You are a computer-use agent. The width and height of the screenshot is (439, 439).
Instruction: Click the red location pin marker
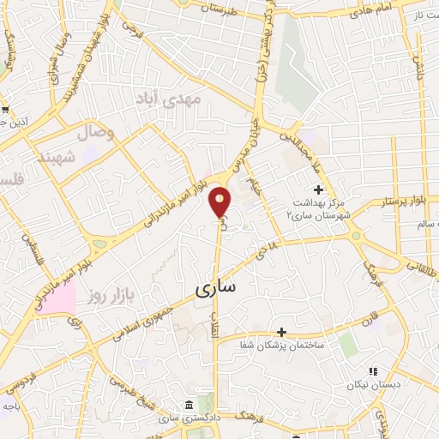[220, 202]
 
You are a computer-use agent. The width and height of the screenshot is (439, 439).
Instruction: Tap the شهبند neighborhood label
[51, 157]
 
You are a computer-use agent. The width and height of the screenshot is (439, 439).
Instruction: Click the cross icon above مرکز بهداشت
[319, 189]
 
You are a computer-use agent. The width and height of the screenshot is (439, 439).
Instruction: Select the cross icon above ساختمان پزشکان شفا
[281, 331]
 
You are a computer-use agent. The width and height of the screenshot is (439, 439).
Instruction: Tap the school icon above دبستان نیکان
[372, 371]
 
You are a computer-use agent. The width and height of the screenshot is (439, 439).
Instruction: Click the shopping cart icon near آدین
[5, 110]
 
